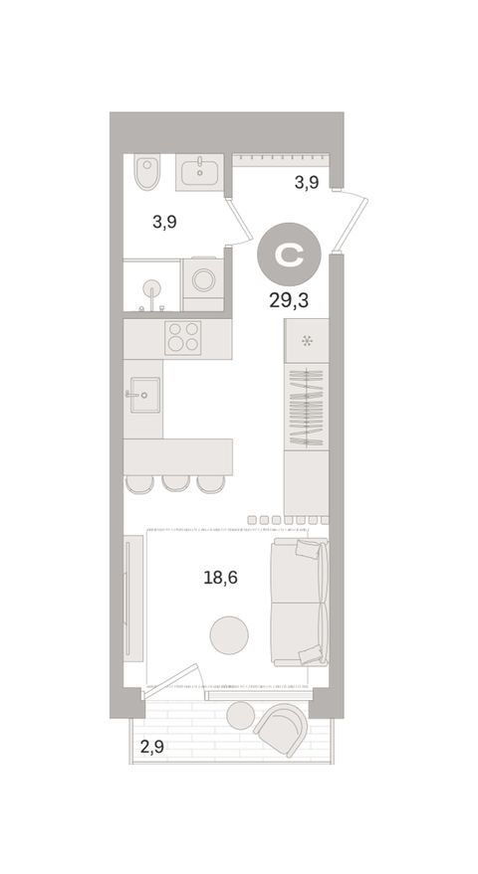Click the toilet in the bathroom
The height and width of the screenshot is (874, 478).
coord(146,172)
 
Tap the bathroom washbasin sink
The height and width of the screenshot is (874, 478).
coord(199,172)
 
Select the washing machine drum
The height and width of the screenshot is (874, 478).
coord(203,279)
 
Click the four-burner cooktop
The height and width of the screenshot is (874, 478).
coord(182,338)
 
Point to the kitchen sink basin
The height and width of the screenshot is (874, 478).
coord(145,395)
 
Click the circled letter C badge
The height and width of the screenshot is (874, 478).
coord(289,255)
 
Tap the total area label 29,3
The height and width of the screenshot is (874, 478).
coord(289,301)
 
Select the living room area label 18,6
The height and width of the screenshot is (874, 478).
coord(220,578)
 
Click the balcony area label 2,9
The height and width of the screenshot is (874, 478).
coord(152,747)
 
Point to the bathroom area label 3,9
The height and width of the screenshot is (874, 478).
coord(164,223)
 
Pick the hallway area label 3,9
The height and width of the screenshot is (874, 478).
coord(307,182)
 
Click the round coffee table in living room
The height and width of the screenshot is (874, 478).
coord(229,634)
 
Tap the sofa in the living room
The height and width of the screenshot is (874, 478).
coord(300,602)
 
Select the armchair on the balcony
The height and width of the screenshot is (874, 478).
coord(282,729)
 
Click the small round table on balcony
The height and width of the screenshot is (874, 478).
coord(241,715)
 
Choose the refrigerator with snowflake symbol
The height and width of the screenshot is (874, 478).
coord(306,341)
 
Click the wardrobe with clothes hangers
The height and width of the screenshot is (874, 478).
coord(306,407)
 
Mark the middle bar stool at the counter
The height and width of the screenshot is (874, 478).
coord(176,483)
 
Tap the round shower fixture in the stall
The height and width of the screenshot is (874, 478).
coord(151,288)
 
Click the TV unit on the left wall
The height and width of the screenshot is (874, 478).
coord(133,599)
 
